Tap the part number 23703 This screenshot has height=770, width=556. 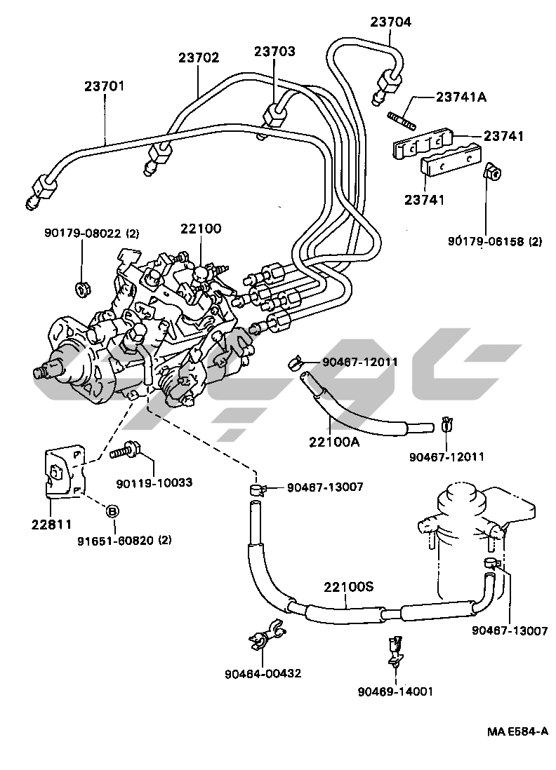pyautogui.click(x=274, y=51)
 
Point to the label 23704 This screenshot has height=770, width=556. pyautogui.click(x=391, y=22)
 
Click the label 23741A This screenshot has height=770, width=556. pyautogui.click(x=461, y=97)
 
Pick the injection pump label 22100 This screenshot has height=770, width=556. pyautogui.click(x=200, y=228)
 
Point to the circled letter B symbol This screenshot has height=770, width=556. pyautogui.click(x=111, y=511)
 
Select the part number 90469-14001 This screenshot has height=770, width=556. pyautogui.click(x=395, y=691)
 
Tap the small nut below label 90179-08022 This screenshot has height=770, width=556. pyautogui.click(x=82, y=287)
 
